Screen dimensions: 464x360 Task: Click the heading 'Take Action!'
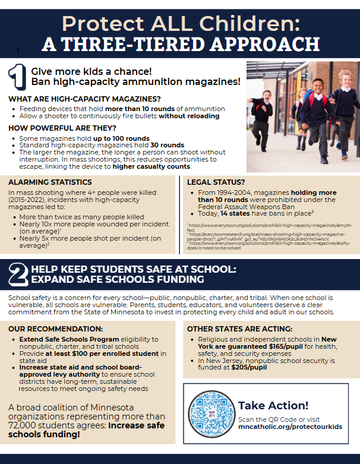point(273,405)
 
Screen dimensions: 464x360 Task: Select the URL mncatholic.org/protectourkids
point(290,426)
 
